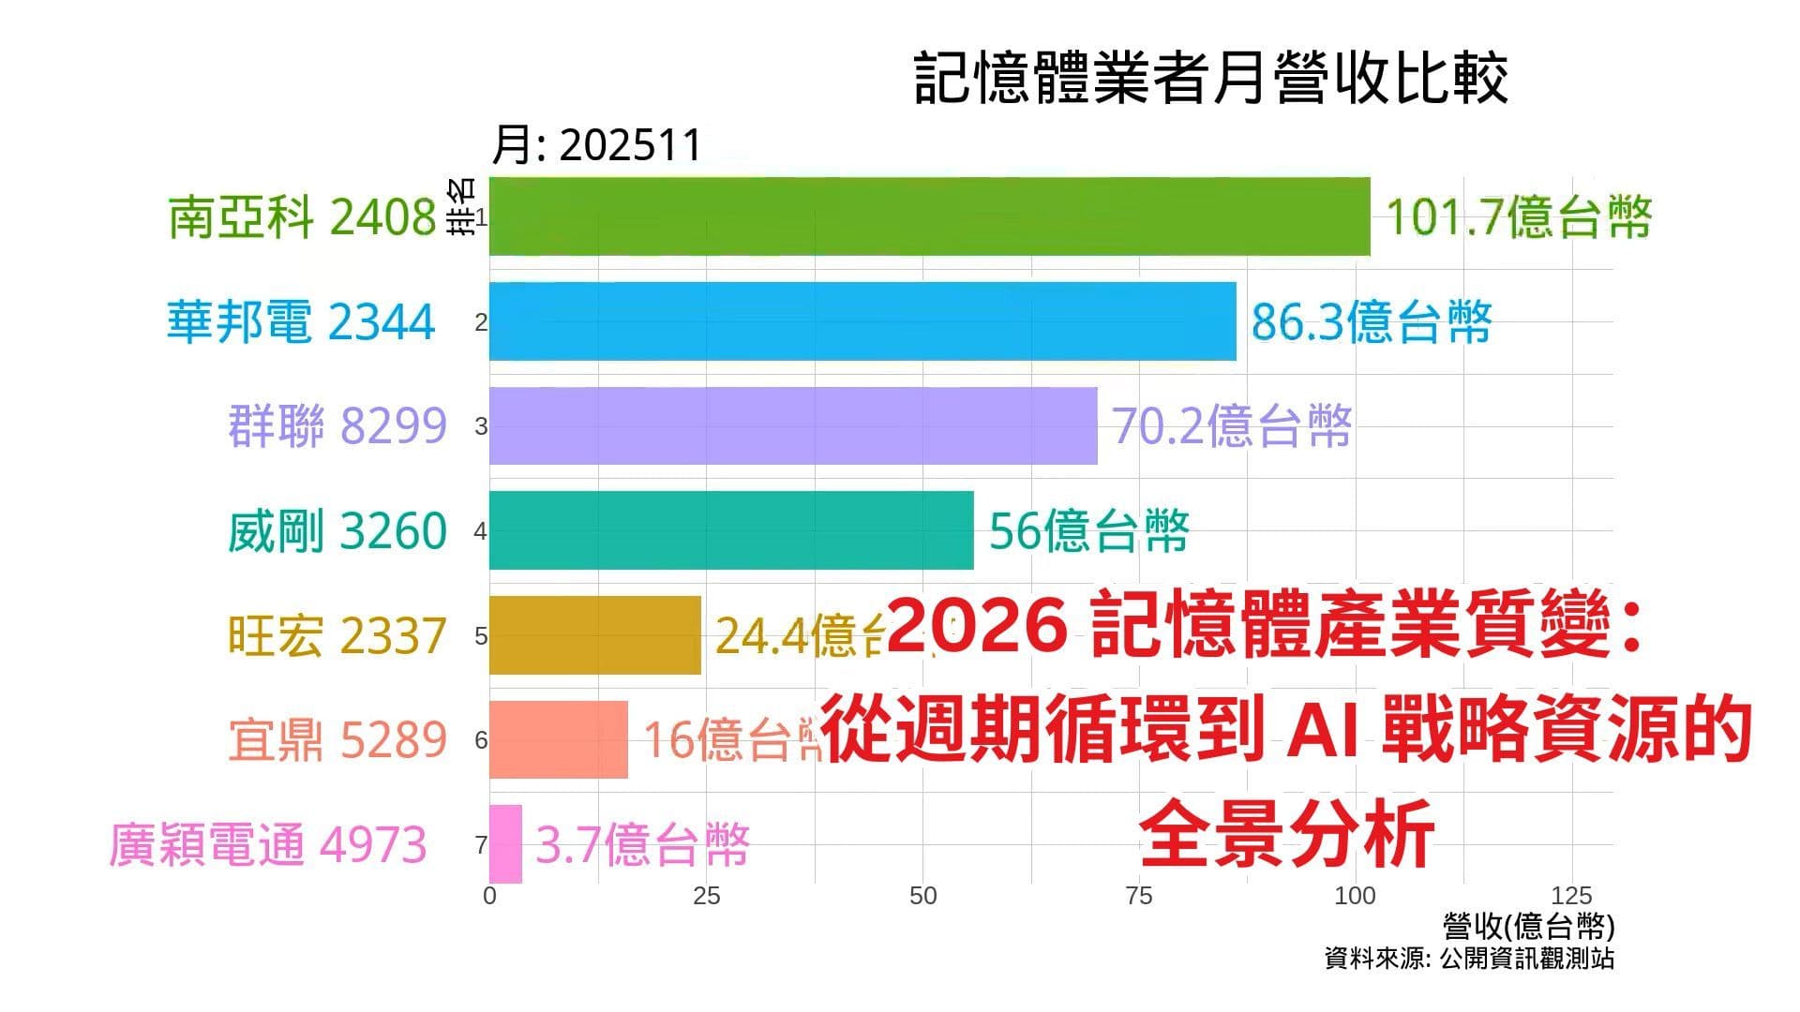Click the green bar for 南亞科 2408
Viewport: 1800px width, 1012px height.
coord(928,216)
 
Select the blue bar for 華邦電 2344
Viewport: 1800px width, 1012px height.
coord(862,321)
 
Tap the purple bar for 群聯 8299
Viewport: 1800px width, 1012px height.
coord(792,426)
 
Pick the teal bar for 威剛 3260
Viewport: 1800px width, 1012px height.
coord(731,530)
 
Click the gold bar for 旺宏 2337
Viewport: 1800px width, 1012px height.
coord(594,635)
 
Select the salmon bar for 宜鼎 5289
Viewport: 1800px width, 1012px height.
coord(558,739)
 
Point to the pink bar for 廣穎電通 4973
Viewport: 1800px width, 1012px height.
coord(505,844)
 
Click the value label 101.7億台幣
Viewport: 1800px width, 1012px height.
coord(1517,217)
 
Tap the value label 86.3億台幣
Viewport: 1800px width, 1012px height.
coord(1371,322)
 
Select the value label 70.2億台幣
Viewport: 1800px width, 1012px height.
coord(1231,426)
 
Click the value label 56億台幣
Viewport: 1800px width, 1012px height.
coord(1088,531)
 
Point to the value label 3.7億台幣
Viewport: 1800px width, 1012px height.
coord(641,845)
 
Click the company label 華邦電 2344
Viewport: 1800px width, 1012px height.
coord(301,322)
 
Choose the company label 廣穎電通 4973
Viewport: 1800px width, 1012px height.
coord(268,844)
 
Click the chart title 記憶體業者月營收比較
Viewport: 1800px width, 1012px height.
coord(1210,79)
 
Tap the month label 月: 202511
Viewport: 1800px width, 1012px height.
coord(596,145)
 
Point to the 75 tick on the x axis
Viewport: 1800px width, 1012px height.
coord(1138,896)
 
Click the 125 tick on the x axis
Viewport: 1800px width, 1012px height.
coord(1571,896)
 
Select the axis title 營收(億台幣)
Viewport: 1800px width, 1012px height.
coord(1528,927)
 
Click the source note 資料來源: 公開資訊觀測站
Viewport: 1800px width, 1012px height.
coord(1468,959)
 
